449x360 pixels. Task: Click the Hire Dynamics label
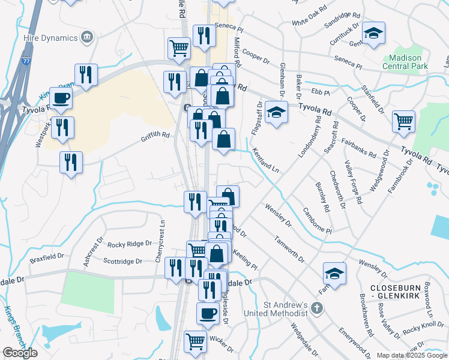pyautogui.click(x=47, y=37)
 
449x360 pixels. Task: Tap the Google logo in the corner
pyautogui.click(x=20, y=353)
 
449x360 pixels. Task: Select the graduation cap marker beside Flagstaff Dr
pyautogui.click(x=276, y=113)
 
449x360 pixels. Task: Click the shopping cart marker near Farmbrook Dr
pyautogui.click(x=403, y=121)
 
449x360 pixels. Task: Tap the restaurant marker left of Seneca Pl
pyautogui.click(x=203, y=35)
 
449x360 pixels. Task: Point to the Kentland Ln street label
pyautogui.click(x=265, y=160)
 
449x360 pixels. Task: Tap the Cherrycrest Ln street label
pyautogui.click(x=161, y=241)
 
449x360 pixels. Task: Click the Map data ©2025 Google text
pyautogui.click(x=411, y=355)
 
